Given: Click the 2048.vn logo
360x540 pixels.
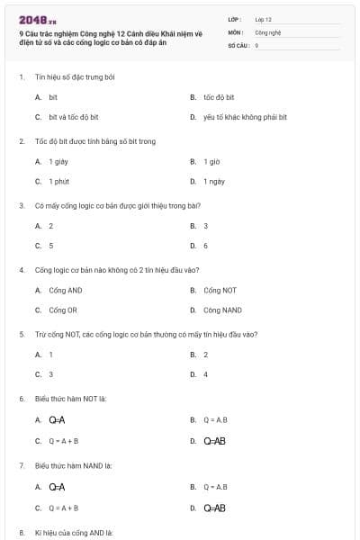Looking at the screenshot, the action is click(x=38, y=19).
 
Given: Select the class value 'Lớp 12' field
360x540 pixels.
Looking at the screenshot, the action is click(x=263, y=18).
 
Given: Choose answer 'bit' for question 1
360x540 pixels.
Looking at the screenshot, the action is click(x=53, y=96).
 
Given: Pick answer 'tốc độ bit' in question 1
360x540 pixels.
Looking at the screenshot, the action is click(x=219, y=96).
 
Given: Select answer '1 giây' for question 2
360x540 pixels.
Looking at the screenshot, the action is click(x=58, y=161).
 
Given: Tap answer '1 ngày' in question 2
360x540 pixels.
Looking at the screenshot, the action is click(x=214, y=182).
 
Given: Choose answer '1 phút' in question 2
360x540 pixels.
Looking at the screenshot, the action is click(x=58, y=182).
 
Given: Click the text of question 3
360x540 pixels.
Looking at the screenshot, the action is click(x=117, y=205).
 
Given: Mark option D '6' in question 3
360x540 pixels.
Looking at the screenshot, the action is click(x=205, y=246).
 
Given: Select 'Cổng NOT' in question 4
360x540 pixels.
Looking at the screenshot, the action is click(x=220, y=290).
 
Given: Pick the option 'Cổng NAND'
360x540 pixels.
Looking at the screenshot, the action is click(x=222, y=310).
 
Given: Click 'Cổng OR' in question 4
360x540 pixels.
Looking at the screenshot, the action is click(x=63, y=310).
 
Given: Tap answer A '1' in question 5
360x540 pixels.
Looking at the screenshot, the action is click(x=50, y=355).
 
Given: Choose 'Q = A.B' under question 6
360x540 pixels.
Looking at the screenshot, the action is click(x=215, y=419).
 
